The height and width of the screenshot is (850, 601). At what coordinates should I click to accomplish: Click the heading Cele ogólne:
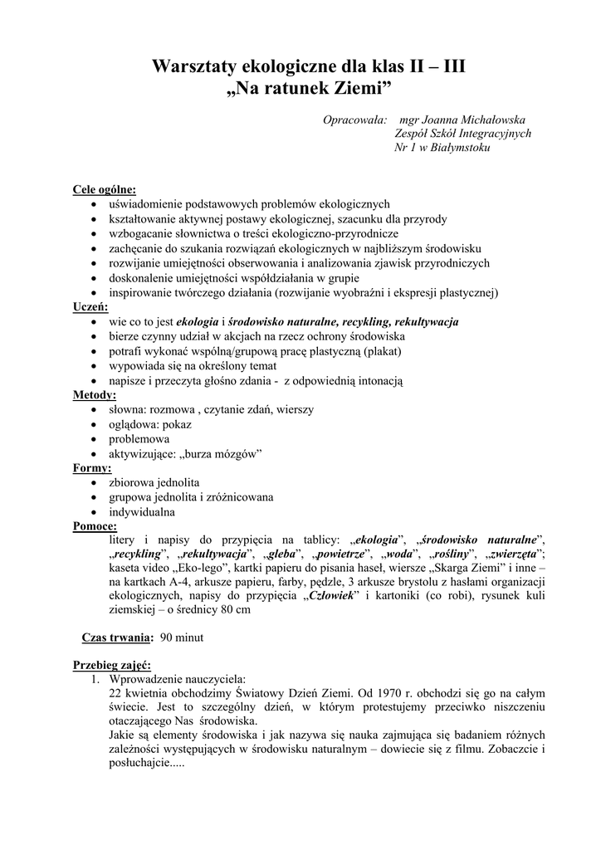[105, 190]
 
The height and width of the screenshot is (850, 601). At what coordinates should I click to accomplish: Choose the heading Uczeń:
[91, 306]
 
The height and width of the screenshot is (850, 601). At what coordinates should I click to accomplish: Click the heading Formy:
[92, 468]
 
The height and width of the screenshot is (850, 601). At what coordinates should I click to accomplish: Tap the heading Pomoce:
[95, 525]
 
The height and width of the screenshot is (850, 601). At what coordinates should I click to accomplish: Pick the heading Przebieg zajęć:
[112, 665]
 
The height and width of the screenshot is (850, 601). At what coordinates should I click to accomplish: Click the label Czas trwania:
[117, 637]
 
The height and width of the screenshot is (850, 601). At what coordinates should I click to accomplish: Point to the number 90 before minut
[167, 637]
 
